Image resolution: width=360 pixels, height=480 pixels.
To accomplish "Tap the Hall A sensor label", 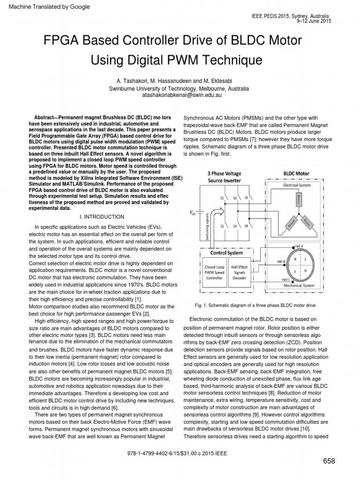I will tap(299, 245).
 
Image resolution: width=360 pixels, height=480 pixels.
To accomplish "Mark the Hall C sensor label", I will tap(285, 280).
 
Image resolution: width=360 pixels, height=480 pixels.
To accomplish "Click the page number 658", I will tap(329, 461).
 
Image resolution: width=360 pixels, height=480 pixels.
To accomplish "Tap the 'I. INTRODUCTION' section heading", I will tap(102, 217).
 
